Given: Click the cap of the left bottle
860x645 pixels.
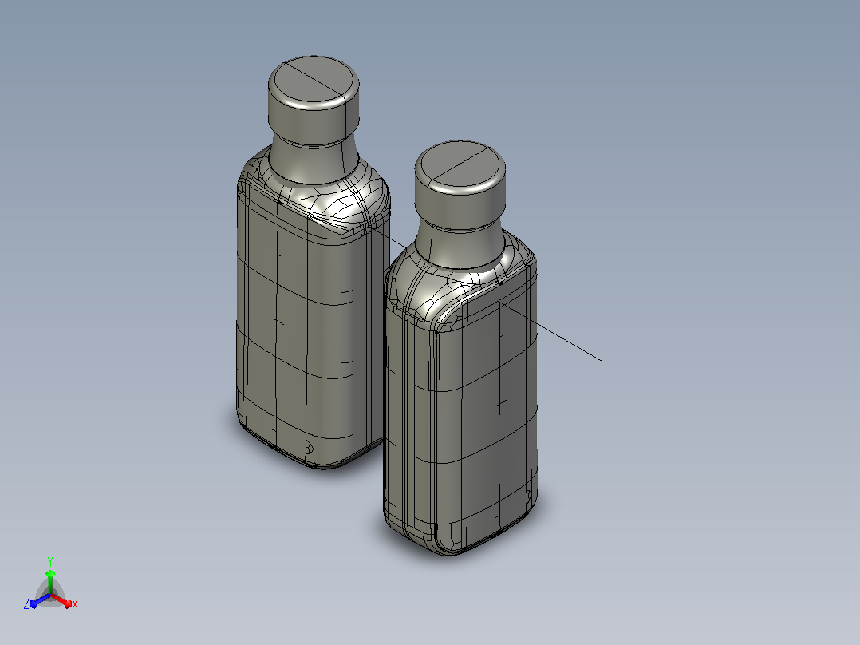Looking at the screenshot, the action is pos(314,101).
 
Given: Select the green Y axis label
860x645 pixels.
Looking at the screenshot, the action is pos(50,561).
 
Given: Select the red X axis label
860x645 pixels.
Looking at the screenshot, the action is pos(75,604).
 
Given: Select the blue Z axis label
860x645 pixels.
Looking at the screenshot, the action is pos(26,604).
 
